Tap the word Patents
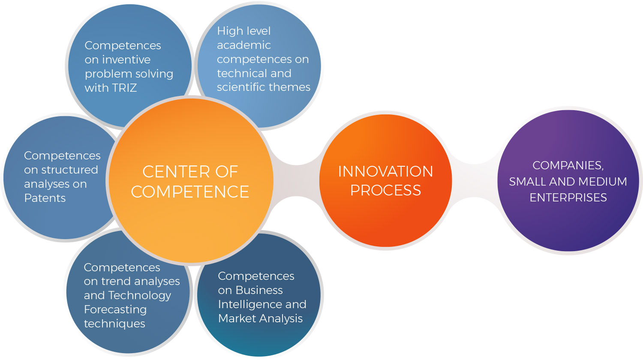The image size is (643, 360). point(45,198)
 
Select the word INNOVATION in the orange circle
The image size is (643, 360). point(385,171)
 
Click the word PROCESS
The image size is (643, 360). point(385,190)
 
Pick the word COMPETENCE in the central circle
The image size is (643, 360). point(190,192)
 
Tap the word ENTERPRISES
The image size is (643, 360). point(568,198)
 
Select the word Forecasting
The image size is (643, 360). point(115,309)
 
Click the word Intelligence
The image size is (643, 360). point(250,304)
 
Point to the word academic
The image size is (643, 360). point(244,45)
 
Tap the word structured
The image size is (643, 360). point(70,170)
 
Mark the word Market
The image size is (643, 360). point(235,318)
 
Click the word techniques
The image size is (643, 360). point(114,324)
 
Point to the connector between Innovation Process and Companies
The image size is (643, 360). point(475,180)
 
